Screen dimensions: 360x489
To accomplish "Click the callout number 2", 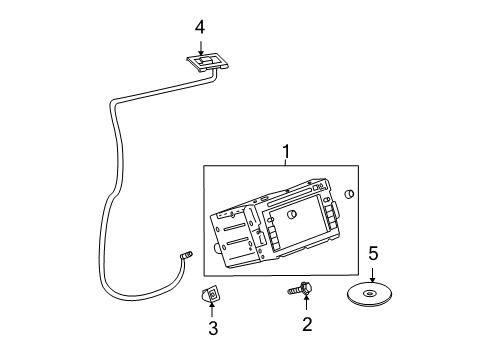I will coord(306,323).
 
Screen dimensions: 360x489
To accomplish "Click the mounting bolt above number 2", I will coord(303,289).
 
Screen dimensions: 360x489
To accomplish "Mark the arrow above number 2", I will coord(306,305).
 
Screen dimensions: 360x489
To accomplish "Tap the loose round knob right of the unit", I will coord(348,194).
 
